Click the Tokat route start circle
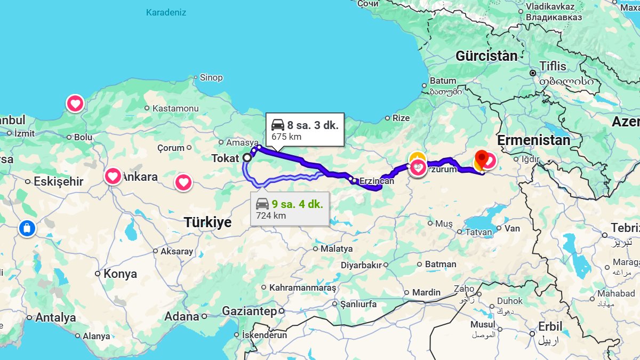click(x=247, y=158)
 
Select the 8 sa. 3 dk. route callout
click(x=305, y=130)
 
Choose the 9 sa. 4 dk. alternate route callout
click(x=290, y=209)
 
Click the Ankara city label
click(x=140, y=177)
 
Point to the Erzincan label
click(x=377, y=181)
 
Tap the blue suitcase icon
click(x=27, y=229)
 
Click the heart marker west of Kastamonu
click(x=75, y=103)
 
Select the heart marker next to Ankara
click(x=113, y=175)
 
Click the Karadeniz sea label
click(x=166, y=12)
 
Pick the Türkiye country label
click(x=207, y=222)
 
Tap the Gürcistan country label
click(x=486, y=56)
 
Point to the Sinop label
click(x=211, y=78)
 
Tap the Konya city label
click(x=120, y=274)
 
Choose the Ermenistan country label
click(x=533, y=140)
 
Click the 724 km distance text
click(x=271, y=216)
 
